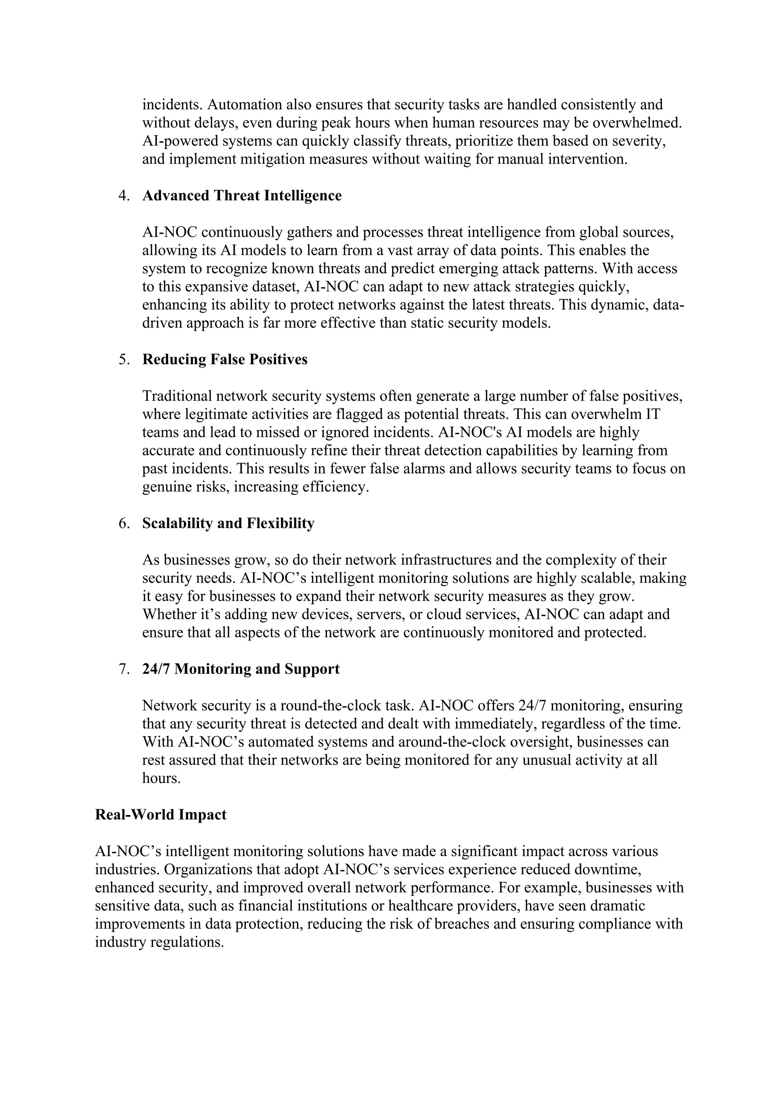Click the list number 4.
(x=124, y=196)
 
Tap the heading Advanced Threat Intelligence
(x=242, y=196)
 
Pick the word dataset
(x=275, y=287)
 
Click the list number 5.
(x=124, y=360)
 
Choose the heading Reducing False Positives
(x=225, y=360)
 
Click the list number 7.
(x=124, y=669)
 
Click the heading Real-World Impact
(x=161, y=815)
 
